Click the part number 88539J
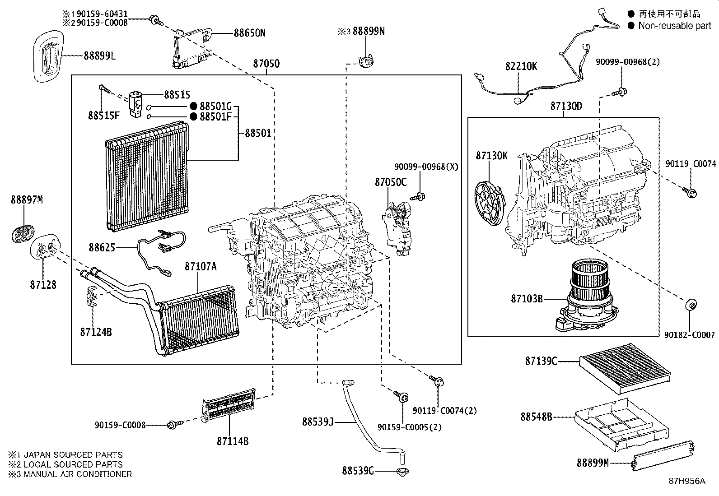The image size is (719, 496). [317, 422]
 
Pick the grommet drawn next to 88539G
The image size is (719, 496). [400, 472]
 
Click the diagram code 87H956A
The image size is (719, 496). [686, 481]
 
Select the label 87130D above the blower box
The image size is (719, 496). [566, 106]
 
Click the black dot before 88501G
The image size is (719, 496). [193, 107]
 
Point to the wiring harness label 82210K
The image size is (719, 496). [521, 66]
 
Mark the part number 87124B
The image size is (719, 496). [96, 332]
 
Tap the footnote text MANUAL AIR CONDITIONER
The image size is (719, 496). [78, 474]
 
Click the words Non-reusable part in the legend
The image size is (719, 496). [674, 26]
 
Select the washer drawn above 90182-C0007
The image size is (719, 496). [690, 305]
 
